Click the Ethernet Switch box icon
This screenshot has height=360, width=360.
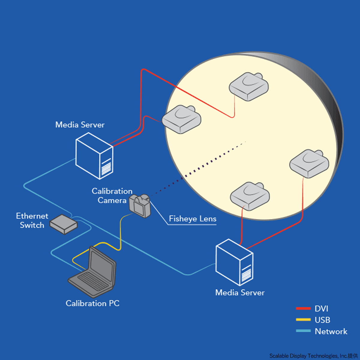tap(63, 224)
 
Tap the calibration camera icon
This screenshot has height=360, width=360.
tap(140, 206)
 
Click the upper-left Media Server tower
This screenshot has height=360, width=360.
tap(94, 156)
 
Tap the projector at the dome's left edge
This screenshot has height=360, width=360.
tap(181, 119)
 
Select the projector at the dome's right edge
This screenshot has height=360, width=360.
tap(309, 163)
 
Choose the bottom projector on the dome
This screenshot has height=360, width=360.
tap(250, 196)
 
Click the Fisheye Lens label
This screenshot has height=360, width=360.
tap(193, 219)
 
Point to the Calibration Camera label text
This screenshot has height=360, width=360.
tap(112, 196)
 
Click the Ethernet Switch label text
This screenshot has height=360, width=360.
tap(32, 220)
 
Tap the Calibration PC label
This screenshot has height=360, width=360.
tap(92, 303)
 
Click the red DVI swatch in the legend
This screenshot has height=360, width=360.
tap(303, 308)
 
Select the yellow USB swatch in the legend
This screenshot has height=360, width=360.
tap(303, 320)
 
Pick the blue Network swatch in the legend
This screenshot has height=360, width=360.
tap(303, 331)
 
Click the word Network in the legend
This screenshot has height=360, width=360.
tap(331, 331)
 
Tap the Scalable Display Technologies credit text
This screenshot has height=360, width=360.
tap(313, 356)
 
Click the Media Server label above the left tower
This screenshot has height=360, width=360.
tap(80, 125)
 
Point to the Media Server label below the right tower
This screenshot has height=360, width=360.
tap(240, 292)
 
